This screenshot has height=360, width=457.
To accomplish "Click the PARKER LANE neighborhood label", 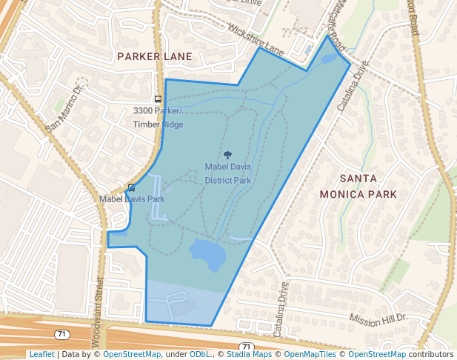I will click(155, 56).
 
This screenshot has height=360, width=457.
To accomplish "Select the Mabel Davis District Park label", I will click(228, 173).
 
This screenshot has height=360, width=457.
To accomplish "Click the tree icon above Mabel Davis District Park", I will click(228, 156).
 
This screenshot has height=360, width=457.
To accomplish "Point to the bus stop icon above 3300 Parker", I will click(158, 99).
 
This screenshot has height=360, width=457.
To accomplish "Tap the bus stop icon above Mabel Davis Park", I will click(132, 188).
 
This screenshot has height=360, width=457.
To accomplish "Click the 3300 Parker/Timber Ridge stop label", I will click(158, 117).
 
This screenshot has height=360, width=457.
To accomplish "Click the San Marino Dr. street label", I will click(66, 108).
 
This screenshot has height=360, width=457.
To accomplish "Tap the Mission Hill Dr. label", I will click(378, 318).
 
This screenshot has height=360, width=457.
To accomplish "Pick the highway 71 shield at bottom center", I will click(246, 346).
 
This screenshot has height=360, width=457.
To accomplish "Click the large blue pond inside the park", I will click(207, 255).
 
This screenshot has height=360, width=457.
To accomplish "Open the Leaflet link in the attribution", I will click(41, 355).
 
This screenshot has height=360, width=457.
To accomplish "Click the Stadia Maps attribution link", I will click(248, 355).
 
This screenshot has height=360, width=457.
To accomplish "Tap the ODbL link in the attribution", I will click(200, 355).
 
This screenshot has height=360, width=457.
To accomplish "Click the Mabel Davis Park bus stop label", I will click(132, 199).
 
